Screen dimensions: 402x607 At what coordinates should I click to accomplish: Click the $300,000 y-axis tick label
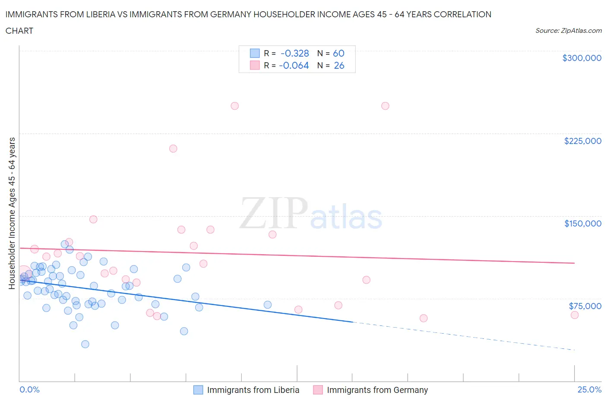pyautogui.click(x=582, y=58)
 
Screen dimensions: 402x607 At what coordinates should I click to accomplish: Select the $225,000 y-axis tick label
pyautogui.click(x=582, y=141)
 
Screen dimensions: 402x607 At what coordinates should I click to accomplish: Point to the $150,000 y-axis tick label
pyautogui.click(x=582, y=223)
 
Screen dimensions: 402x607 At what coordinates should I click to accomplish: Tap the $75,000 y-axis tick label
pyautogui.click(x=585, y=306)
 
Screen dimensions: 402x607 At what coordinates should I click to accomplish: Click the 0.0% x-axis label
pyautogui.click(x=29, y=389)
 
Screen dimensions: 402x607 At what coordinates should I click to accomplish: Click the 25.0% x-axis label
pyautogui.click(x=589, y=389)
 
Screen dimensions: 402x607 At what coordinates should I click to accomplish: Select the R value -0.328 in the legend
pyautogui.click(x=294, y=53)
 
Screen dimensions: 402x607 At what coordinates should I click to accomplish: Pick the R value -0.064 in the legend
pyautogui.click(x=294, y=65)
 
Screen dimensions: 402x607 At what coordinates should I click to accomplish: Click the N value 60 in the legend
pyautogui.click(x=338, y=53)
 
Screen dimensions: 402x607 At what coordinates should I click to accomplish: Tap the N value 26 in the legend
pyautogui.click(x=339, y=65)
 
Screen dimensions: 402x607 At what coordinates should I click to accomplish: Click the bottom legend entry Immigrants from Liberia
pyautogui.click(x=253, y=390)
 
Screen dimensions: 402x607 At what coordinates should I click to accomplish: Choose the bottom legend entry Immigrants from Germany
pyautogui.click(x=377, y=390)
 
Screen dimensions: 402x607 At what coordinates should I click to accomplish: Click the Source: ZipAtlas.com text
pyautogui.click(x=568, y=31)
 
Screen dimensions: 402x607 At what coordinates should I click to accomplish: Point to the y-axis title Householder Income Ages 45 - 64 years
pyautogui.click(x=12, y=213)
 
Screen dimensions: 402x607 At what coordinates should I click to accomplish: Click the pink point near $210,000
pyautogui.click(x=173, y=148)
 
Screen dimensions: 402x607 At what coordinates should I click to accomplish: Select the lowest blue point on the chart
pyautogui.click(x=85, y=344)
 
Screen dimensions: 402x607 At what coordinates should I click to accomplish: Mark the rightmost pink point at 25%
pyautogui.click(x=574, y=315)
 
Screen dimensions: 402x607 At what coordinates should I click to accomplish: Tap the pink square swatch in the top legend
pyautogui.click(x=255, y=65)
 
